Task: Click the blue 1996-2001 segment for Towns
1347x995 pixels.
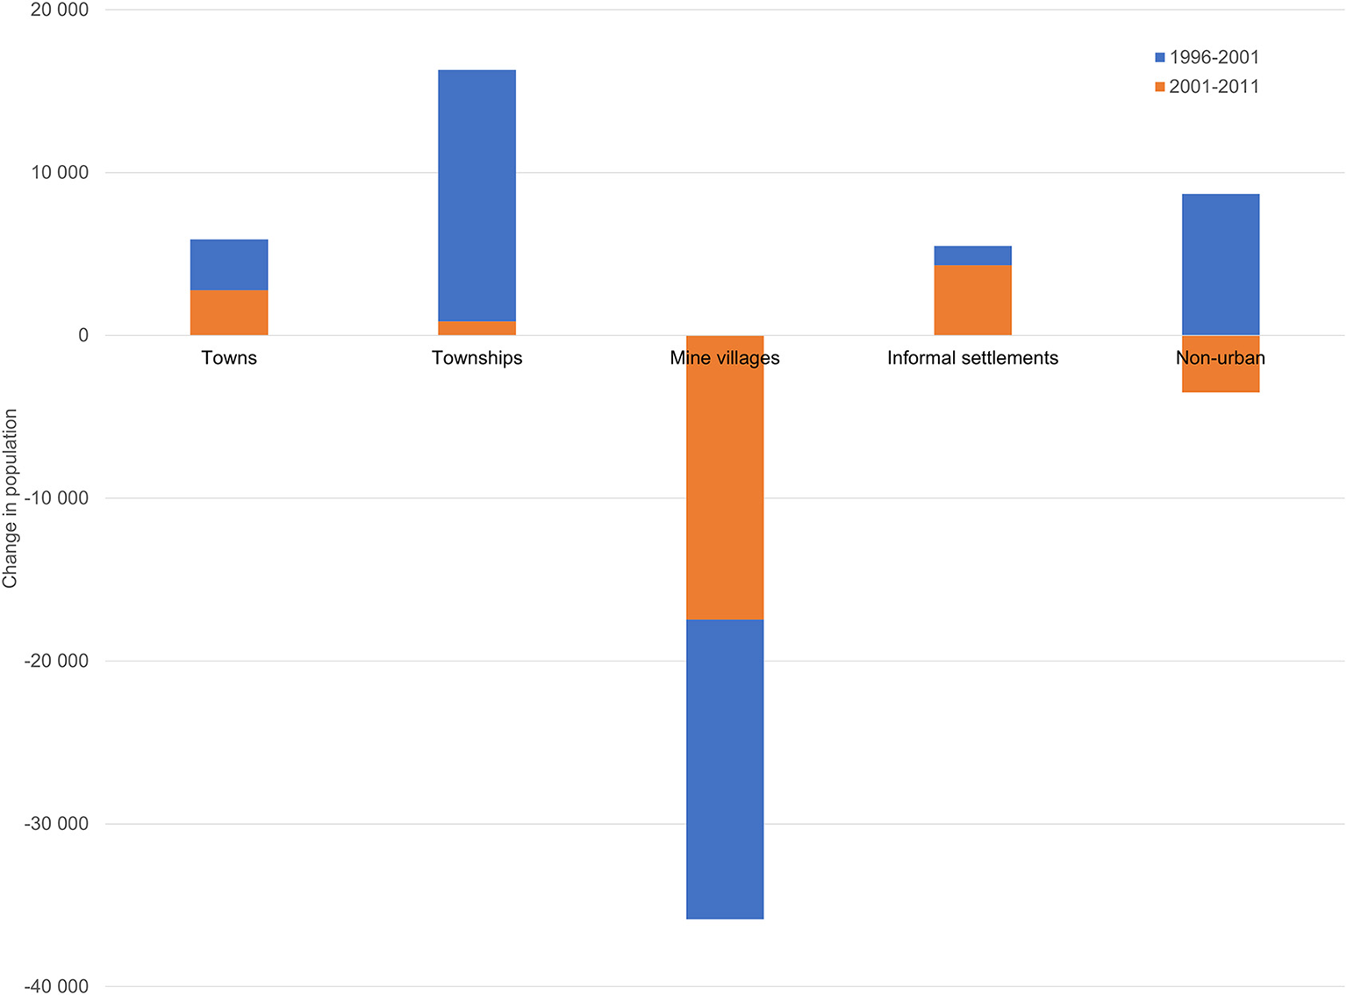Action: tap(229, 264)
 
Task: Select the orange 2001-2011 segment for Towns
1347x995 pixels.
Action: tap(229, 312)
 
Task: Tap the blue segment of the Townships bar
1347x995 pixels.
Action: tap(476, 195)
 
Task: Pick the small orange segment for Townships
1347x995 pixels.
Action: tap(476, 328)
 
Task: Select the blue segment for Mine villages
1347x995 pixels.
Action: tap(725, 769)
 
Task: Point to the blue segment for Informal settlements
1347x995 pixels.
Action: tap(972, 255)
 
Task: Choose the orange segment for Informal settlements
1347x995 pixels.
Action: tap(972, 300)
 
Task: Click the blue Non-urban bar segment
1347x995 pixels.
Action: tap(1220, 264)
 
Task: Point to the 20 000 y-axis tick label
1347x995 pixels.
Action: tap(60, 10)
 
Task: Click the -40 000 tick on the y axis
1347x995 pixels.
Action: tap(57, 986)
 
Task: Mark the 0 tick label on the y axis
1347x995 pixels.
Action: tap(83, 335)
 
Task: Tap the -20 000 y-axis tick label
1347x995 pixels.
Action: tap(57, 661)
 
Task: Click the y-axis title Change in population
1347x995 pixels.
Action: tap(11, 498)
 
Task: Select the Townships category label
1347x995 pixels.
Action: tap(476, 358)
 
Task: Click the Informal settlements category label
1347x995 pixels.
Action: tap(972, 358)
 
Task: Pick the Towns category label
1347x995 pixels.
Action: tap(229, 358)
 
